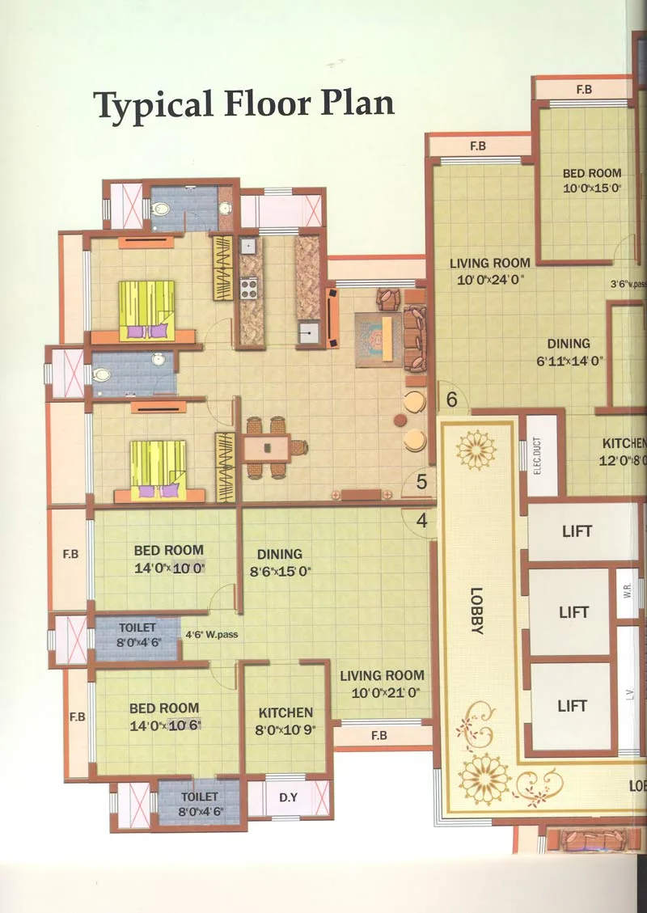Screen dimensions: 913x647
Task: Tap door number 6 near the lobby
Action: pyautogui.click(x=451, y=399)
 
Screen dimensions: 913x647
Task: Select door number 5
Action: pyautogui.click(x=421, y=482)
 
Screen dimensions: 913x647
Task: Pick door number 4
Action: pyautogui.click(x=421, y=521)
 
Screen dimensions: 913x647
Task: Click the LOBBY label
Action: pyautogui.click(x=476, y=610)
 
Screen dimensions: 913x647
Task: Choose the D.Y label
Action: pyautogui.click(x=288, y=797)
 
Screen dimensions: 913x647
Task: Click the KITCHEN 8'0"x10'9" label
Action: pyautogui.click(x=285, y=721)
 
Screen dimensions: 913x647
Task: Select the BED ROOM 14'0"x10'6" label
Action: pyautogui.click(x=164, y=716)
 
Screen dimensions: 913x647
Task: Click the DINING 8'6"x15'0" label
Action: pyautogui.click(x=280, y=562)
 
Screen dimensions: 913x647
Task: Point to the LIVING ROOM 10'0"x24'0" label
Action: pyautogui.click(x=490, y=271)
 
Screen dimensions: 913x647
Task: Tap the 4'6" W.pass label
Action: pyautogui.click(x=211, y=635)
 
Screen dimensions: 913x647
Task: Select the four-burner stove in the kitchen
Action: pyautogui.click(x=248, y=287)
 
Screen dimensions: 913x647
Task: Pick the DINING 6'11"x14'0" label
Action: pyautogui.click(x=569, y=352)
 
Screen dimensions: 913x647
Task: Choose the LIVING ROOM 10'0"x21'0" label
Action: pyautogui.click(x=382, y=684)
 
